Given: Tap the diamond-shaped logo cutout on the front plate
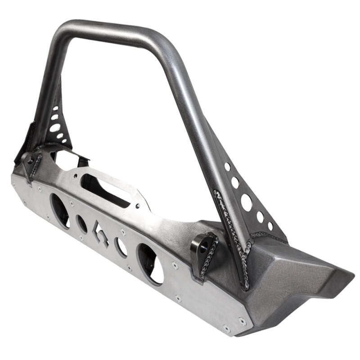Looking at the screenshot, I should coord(100,232).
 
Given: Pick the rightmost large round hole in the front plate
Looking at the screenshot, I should coord(151,263).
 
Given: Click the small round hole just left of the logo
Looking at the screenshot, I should coord(81,223).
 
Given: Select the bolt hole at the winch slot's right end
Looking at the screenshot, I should coord(137,206).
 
